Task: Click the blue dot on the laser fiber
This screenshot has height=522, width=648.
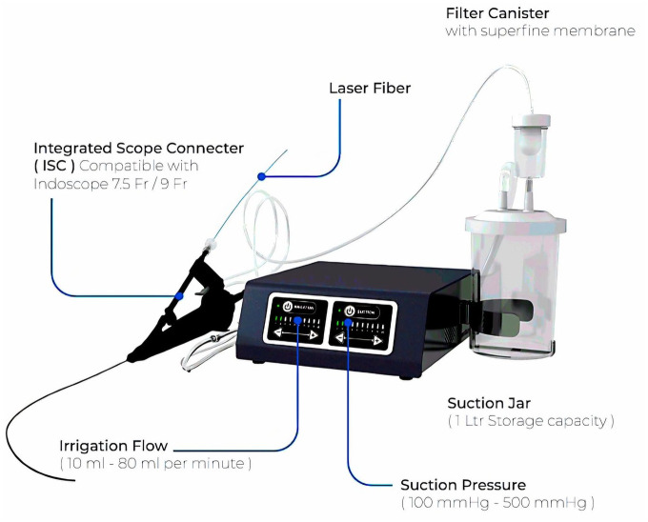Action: (x=262, y=175)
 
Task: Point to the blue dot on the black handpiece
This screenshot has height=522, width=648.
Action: (x=178, y=295)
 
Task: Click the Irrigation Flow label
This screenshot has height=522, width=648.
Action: (x=133, y=445)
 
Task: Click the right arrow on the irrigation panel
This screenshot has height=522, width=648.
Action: (x=312, y=335)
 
